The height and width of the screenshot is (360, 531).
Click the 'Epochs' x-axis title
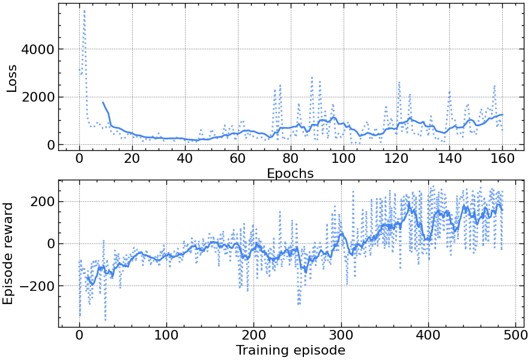pyautogui.click(x=290, y=174)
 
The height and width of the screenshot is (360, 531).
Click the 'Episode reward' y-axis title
pyautogui.click(x=8, y=253)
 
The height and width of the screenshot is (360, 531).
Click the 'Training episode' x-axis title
pyautogui.click(x=290, y=350)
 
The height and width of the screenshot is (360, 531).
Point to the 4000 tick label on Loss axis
pyautogui.click(x=37, y=49)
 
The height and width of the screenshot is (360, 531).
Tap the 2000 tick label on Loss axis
pyautogui.click(x=37, y=97)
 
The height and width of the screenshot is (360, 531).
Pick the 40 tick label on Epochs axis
pyautogui.click(x=185, y=160)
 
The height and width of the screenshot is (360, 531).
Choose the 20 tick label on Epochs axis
pyautogui.click(x=132, y=160)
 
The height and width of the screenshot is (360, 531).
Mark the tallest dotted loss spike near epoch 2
pyautogui.click(x=84, y=10)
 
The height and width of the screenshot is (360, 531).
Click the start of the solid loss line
pyautogui.click(x=103, y=102)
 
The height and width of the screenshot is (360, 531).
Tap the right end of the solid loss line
pyautogui.click(x=503, y=114)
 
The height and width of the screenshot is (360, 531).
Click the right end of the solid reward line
pyautogui.click(x=502, y=210)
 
